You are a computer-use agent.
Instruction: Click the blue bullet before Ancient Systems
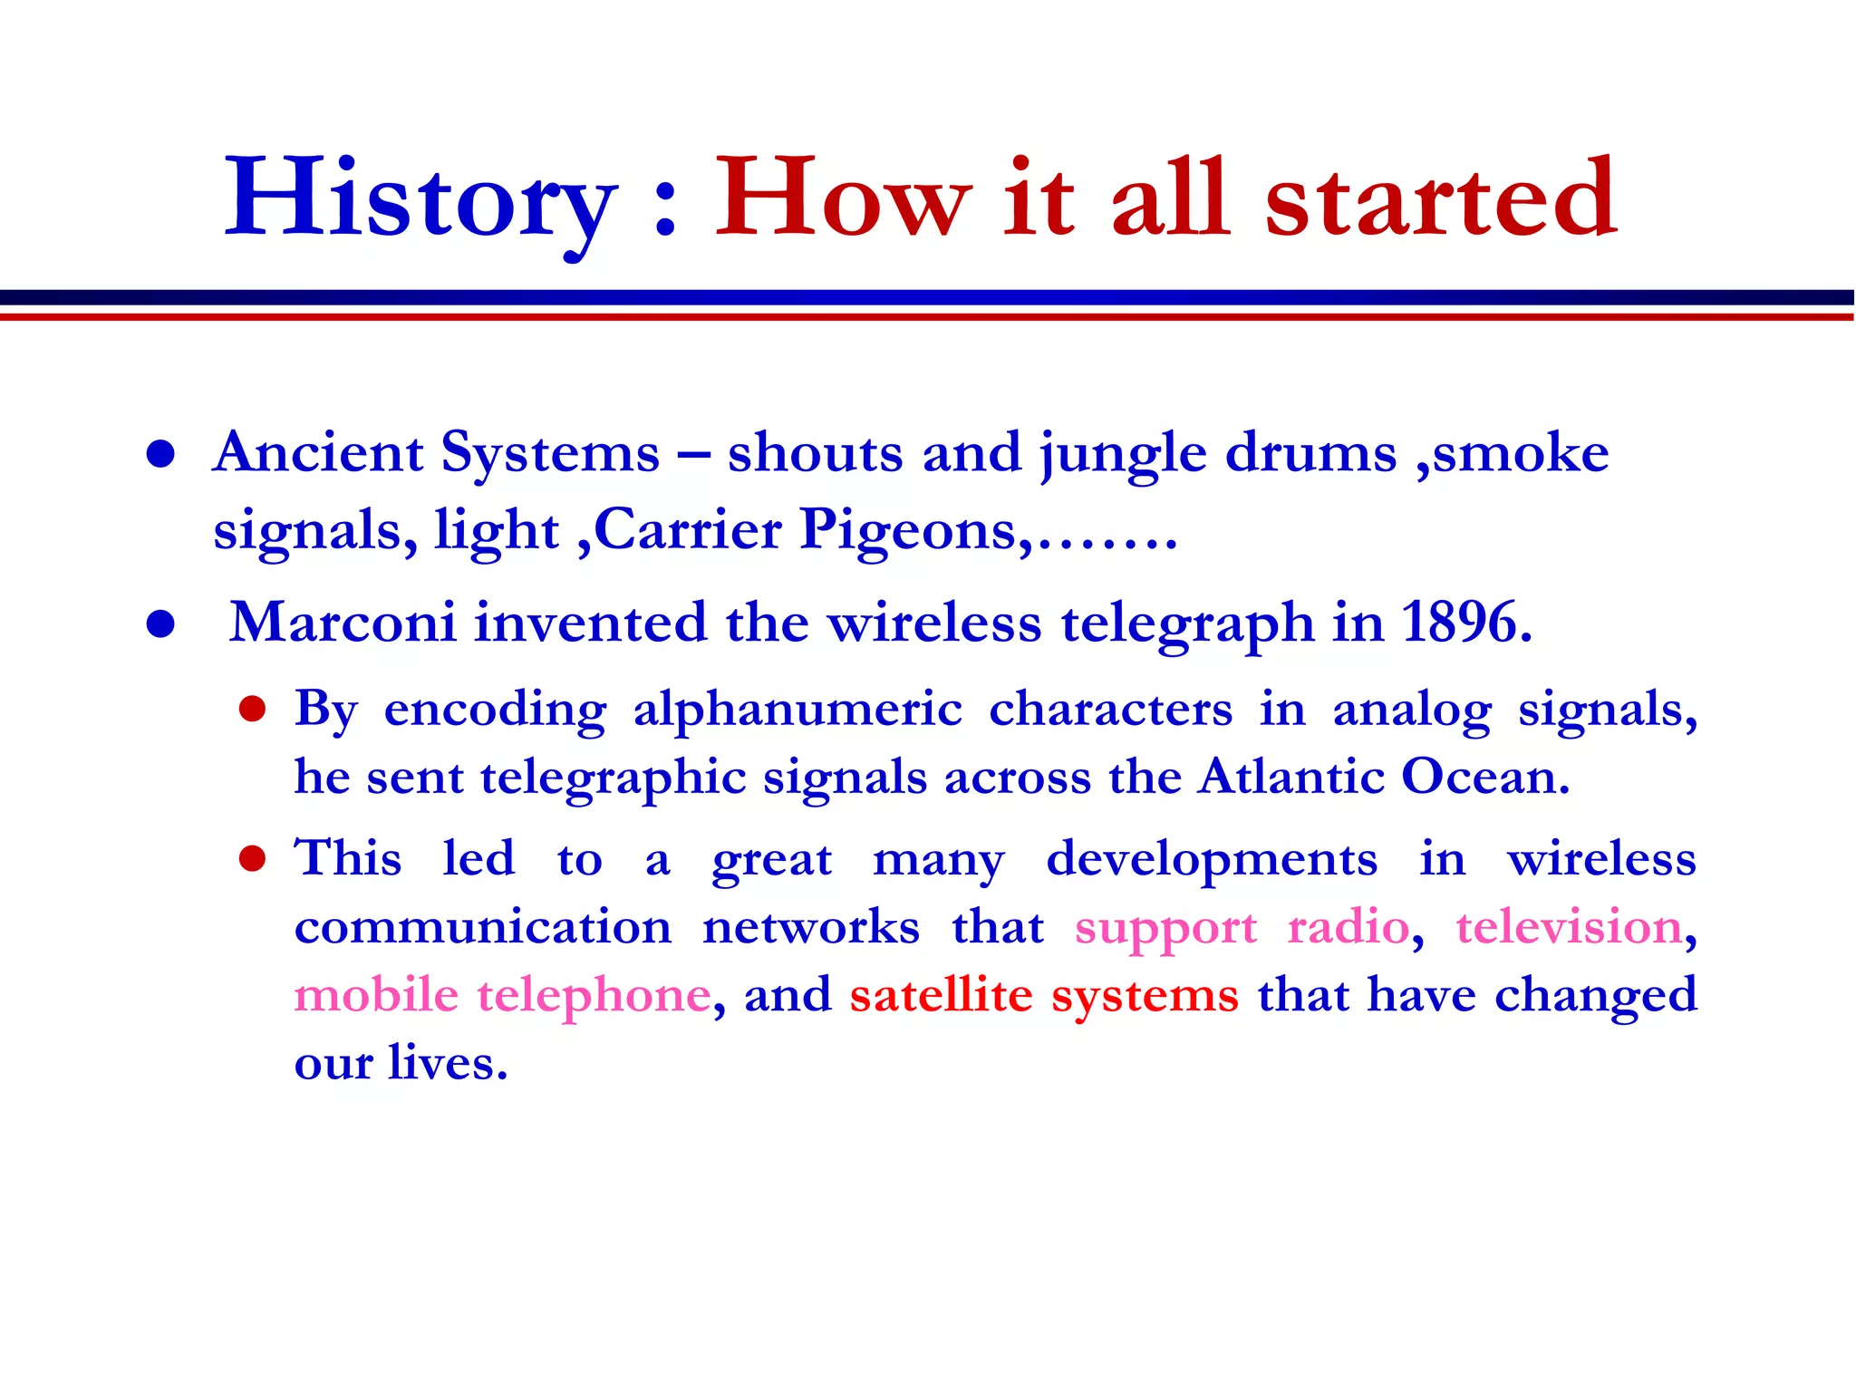coord(160,455)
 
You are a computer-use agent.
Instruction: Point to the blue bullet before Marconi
coord(160,624)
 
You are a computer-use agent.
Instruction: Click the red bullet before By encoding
coord(252,710)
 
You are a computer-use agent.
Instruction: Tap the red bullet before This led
coord(252,858)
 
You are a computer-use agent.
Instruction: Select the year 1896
coord(1465,623)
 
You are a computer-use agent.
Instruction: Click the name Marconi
coord(343,623)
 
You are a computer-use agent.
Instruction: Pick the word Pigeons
coord(915,530)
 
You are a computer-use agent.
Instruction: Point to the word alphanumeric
coord(797,710)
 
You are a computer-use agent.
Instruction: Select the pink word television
coord(1569,927)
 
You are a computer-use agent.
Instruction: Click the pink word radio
coord(1348,927)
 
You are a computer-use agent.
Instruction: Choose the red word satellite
coord(941,995)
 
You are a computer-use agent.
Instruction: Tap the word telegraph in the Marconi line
coord(1187,624)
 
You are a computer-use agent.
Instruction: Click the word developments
coord(1212,859)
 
